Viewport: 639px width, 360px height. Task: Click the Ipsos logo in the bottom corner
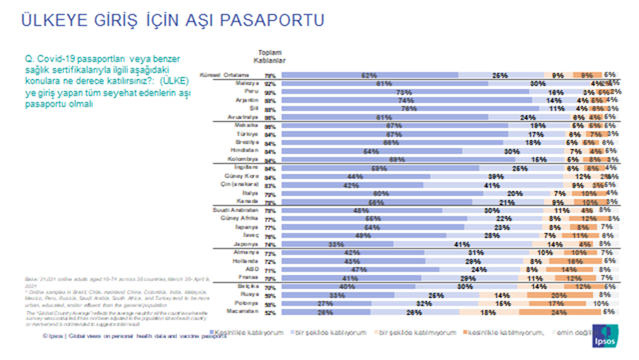point(604,334)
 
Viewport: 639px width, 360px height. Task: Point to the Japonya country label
point(245,244)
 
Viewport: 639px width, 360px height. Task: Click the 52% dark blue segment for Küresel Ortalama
point(369,75)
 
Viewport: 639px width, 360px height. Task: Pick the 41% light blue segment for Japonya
point(458,244)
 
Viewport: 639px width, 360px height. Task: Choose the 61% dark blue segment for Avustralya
point(384,118)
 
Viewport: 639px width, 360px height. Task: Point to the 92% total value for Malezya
point(270,84)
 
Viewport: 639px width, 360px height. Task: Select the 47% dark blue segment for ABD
point(360,270)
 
